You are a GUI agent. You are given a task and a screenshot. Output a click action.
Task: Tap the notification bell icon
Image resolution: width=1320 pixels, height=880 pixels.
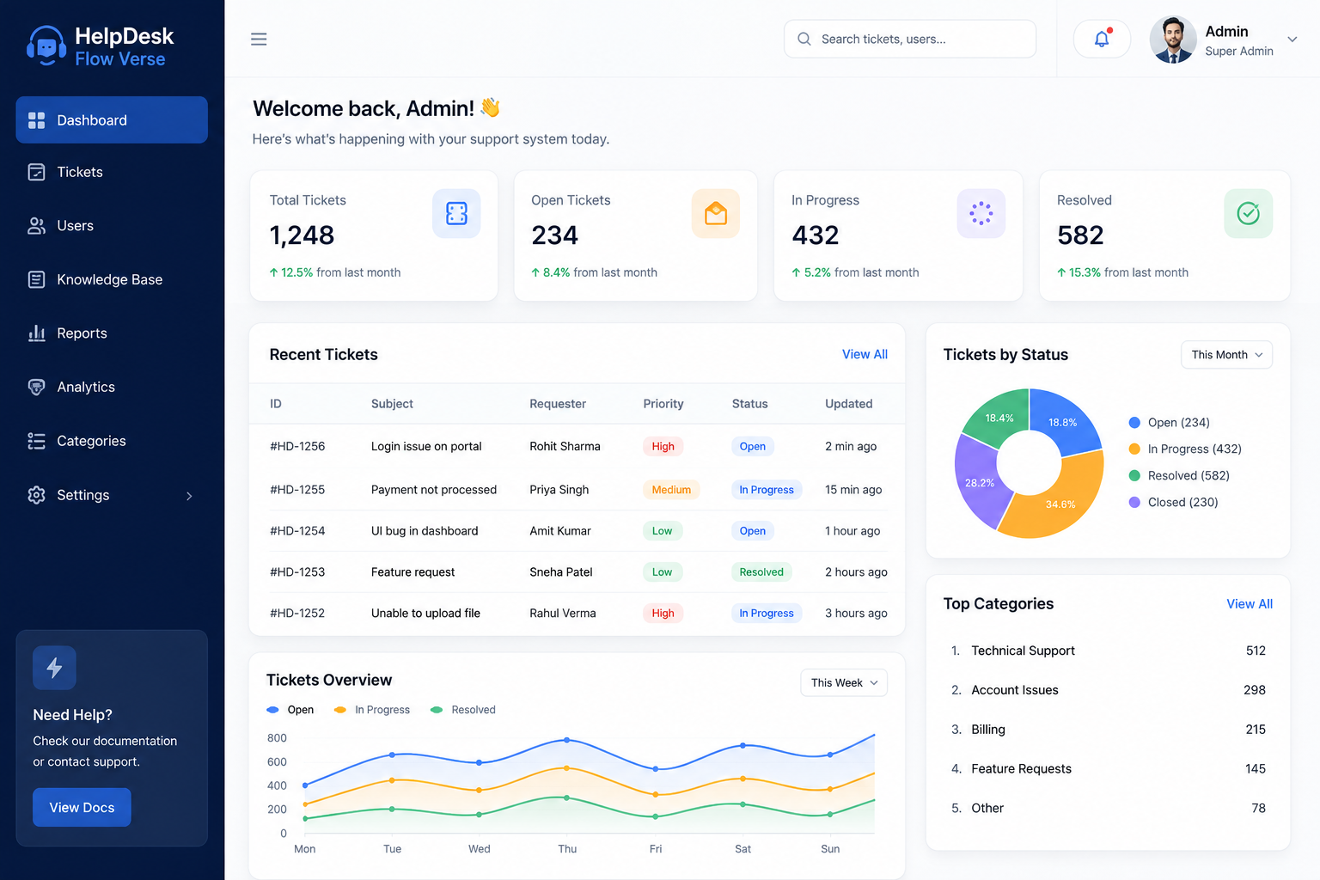[1102, 39]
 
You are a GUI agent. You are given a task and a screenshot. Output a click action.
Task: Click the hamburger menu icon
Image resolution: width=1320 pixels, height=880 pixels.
[259, 39]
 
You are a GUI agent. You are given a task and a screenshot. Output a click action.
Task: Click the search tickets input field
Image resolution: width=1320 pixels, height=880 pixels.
[910, 39]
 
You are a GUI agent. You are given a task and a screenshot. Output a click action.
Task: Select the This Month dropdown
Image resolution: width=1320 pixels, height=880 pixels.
[1226, 355]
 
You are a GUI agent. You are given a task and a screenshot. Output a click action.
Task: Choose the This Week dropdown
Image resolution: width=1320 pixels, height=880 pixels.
[844, 682]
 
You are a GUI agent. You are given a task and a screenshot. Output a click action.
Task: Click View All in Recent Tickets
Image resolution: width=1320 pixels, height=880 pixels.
[865, 354]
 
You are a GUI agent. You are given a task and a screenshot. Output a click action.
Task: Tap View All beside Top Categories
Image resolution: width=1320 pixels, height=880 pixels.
[1250, 603]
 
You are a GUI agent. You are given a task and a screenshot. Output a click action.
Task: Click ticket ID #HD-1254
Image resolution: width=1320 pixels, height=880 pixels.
[297, 530]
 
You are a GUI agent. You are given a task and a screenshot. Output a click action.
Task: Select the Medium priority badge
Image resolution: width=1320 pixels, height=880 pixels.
[671, 489]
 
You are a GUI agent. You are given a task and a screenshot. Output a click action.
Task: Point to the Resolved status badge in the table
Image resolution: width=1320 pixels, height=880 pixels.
[761, 571]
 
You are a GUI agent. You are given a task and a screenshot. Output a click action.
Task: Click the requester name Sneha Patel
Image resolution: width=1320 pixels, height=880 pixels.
[561, 571]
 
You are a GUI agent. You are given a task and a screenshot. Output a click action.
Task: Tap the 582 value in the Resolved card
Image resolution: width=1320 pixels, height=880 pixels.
[1080, 235]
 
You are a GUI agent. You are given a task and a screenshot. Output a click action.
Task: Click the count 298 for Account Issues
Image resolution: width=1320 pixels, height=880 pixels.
[1255, 689]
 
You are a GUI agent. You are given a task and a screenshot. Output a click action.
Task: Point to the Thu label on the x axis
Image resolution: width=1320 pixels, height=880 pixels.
[567, 849]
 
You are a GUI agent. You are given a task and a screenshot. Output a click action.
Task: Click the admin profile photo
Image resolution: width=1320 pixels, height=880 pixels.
[1173, 40]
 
